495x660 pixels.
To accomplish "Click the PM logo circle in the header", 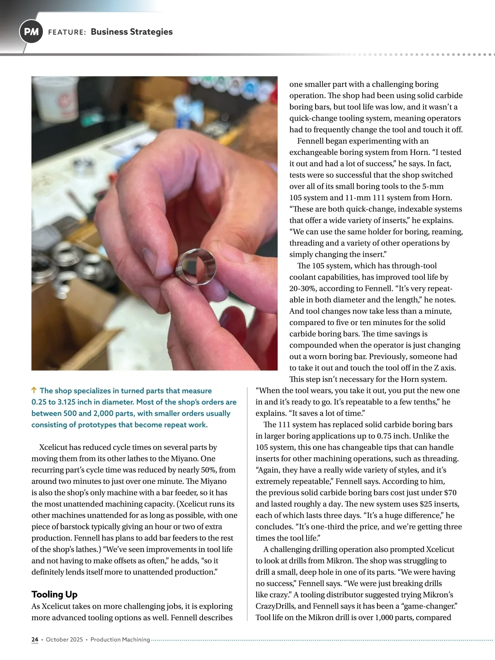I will [31, 32].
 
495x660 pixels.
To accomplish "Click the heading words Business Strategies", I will [132, 32].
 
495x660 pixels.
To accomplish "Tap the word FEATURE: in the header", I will [67, 32].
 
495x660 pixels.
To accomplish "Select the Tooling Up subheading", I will [54, 594].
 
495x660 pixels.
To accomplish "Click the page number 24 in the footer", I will [35, 639].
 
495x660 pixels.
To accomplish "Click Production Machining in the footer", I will [120, 639].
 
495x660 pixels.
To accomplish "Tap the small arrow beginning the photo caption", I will [34, 390].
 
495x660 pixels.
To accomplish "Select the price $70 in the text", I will [450, 493].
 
